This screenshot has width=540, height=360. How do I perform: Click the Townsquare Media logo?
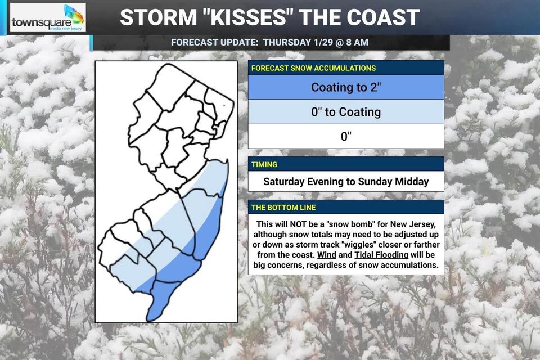pyautogui.click(x=48, y=18)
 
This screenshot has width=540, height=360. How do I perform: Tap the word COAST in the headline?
pyautogui.click(x=379, y=17)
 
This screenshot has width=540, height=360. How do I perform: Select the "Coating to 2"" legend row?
pyautogui.click(x=346, y=87)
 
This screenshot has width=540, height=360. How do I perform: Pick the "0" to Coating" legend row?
pyautogui.click(x=346, y=112)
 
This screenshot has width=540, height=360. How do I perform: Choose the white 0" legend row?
pyautogui.click(x=346, y=136)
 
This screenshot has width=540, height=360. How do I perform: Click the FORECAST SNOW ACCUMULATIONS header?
pyautogui.click(x=314, y=68)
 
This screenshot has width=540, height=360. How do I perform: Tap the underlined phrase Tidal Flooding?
pyautogui.click(x=381, y=255)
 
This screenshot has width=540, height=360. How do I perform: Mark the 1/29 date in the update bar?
pyautogui.click(x=318, y=43)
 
